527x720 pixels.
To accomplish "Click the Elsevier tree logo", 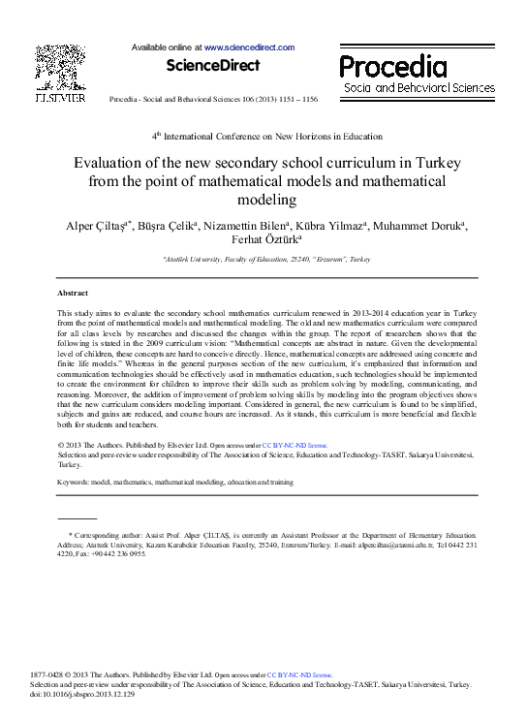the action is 60,66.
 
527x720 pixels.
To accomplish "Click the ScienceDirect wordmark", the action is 213,66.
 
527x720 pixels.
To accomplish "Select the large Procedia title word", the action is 392,66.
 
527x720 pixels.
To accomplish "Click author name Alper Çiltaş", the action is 97,227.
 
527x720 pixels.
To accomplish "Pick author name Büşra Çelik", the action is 168,227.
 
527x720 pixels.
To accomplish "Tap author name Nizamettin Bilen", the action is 251,227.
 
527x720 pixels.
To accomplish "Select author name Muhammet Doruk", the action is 426,227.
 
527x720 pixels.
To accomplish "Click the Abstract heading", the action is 73,293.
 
